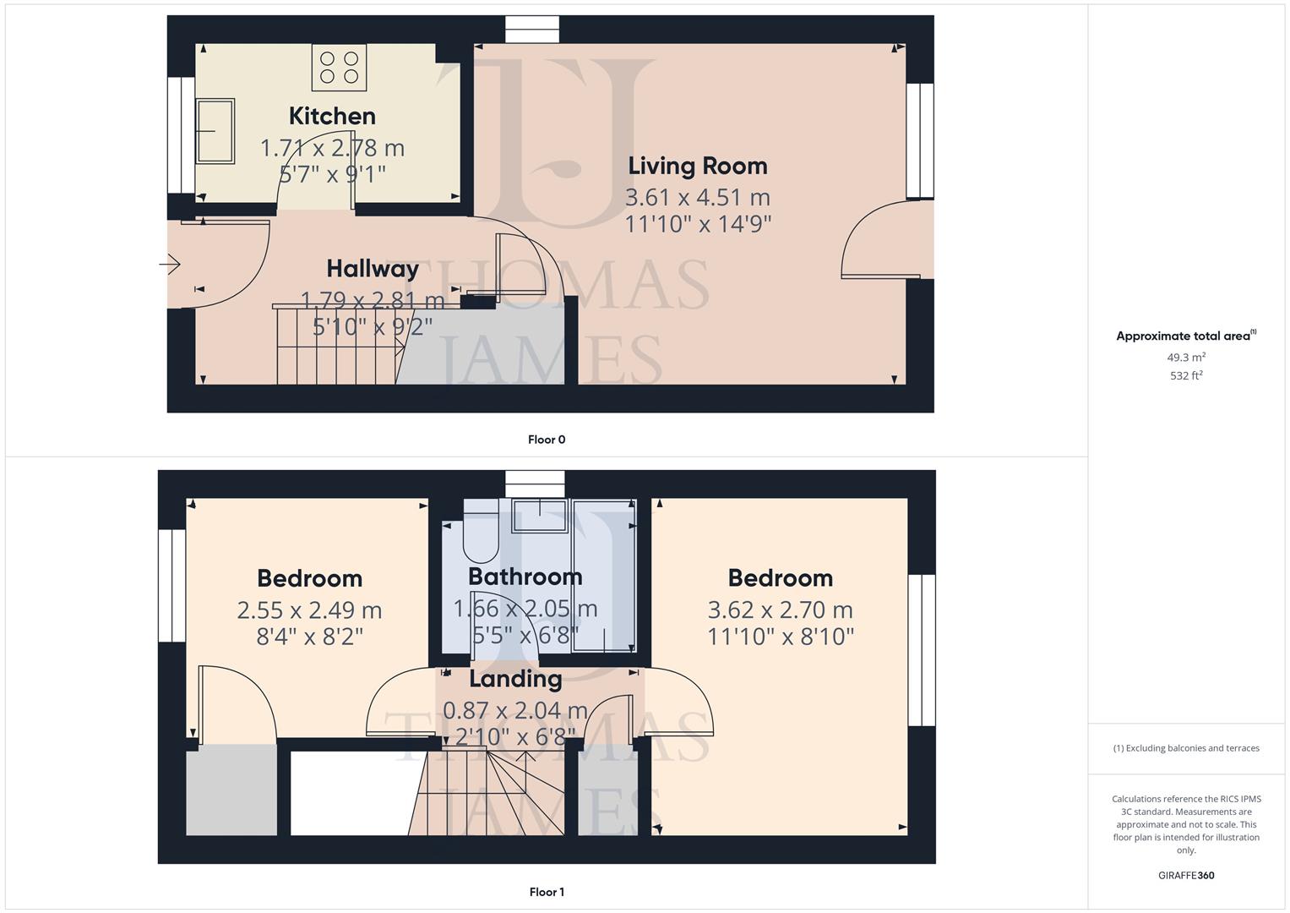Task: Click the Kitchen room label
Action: [332, 116]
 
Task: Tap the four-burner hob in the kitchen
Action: [339, 68]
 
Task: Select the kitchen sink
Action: [215, 131]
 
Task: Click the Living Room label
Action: [697, 166]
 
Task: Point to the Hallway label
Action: [373, 269]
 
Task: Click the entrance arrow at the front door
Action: [170, 265]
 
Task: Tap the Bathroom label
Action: [525, 577]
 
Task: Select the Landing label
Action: [515, 679]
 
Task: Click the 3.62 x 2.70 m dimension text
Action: [780, 610]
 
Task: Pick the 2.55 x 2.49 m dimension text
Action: [309, 610]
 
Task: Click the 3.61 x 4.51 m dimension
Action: [697, 197]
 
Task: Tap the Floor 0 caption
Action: [547, 440]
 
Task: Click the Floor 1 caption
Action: [547, 892]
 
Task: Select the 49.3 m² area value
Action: [1186, 358]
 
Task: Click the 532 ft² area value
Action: [1186, 376]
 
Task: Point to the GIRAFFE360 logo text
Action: [1186, 876]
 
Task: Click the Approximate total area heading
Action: [1185, 336]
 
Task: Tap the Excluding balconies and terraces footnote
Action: [1186, 748]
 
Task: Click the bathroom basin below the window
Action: [540, 517]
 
